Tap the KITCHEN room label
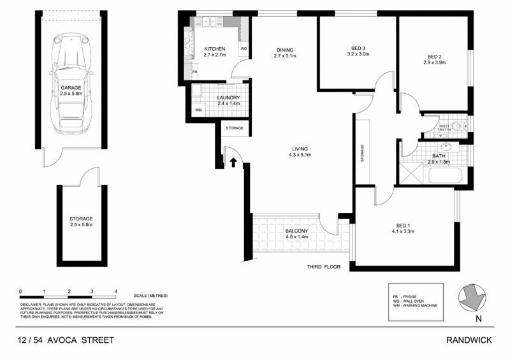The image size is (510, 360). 215,49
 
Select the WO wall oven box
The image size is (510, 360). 244,49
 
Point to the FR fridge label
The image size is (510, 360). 195,73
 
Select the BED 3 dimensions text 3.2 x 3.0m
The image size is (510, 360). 357,55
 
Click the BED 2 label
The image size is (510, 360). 433,55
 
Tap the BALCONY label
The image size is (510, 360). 296,231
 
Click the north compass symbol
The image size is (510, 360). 474,296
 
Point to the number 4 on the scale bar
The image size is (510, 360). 116,291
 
